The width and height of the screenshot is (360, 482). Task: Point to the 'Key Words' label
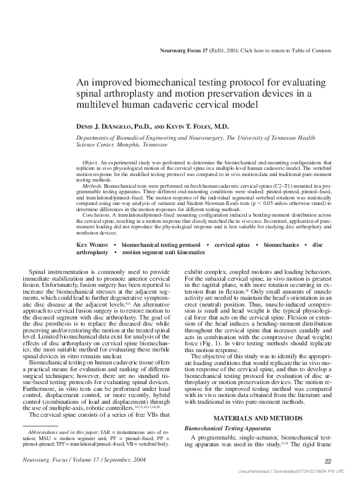(93, 244)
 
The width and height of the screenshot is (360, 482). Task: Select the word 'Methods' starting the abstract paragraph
(93, 184)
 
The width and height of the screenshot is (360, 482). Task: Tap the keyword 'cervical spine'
(232, 244)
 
